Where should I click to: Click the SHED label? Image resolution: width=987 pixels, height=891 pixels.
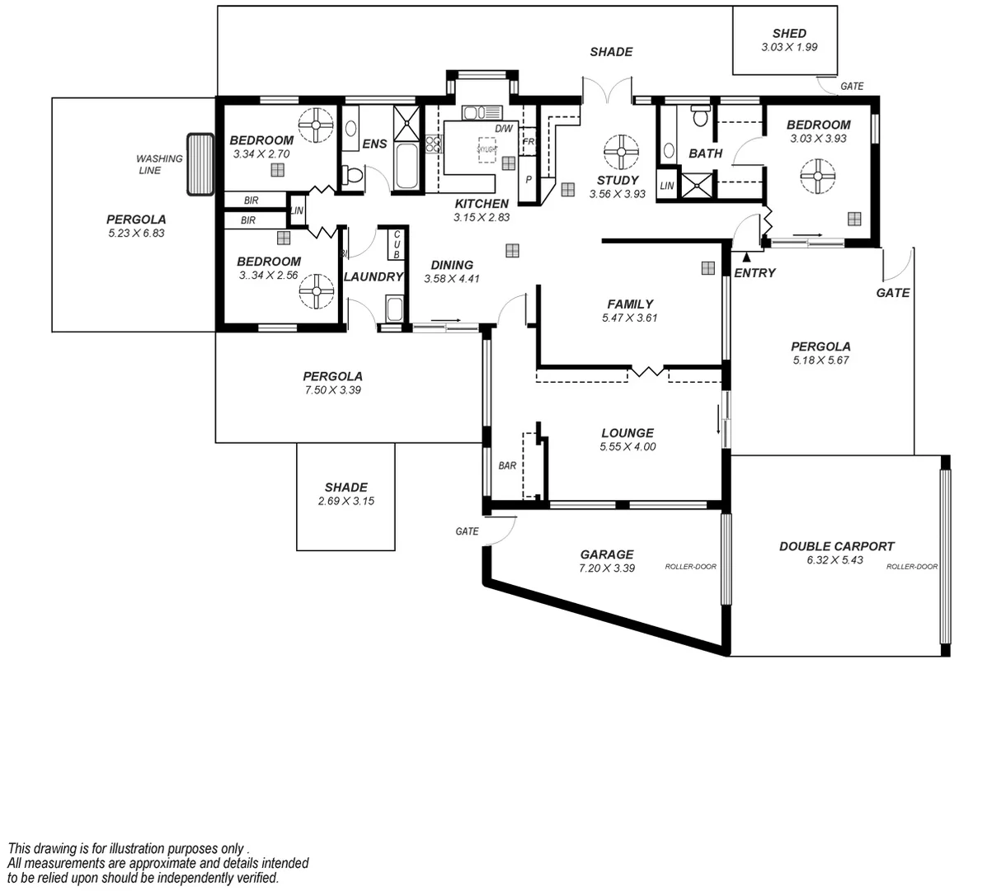pos(789,34)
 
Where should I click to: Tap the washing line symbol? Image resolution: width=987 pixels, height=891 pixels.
pos(200,164)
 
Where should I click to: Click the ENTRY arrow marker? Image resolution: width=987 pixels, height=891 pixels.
pos(746,258)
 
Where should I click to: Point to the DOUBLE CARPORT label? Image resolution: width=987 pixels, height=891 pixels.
pos(837,546)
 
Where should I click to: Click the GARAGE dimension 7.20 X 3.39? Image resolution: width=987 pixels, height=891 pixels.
pos(607,568)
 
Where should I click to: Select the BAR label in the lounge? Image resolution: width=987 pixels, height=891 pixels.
pos(507,465)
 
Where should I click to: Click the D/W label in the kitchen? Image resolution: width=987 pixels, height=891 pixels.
pos(504,130)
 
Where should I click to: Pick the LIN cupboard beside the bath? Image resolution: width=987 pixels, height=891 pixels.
pos(666,186)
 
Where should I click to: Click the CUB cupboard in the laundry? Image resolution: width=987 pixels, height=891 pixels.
pos(396,243)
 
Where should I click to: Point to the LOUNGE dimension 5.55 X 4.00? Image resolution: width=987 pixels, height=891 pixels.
pos(627,447)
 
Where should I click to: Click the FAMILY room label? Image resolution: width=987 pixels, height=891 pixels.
pos(630,304)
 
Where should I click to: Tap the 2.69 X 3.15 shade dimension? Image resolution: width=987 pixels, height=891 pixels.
pos(346,501)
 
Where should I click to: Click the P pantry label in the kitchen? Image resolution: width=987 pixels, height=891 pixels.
pos(529,179)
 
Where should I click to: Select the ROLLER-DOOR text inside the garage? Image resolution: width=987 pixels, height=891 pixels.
pos(691,567)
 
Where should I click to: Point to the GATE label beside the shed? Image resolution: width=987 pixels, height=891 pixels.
pos(852,87)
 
